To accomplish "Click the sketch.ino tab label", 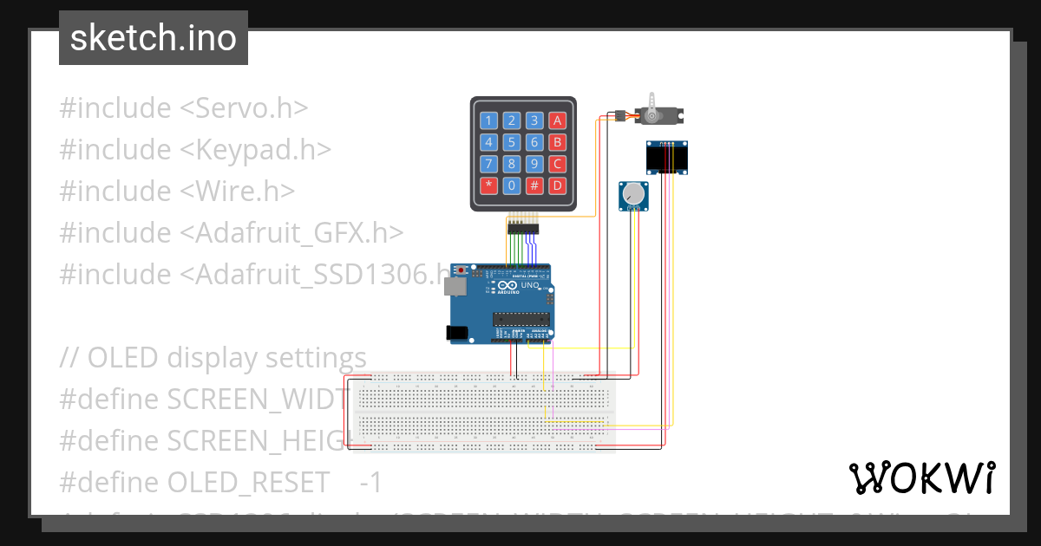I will click(154, 38).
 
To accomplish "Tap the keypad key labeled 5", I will click(513, 142).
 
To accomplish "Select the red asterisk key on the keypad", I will click(489, 185).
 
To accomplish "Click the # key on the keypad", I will click(535, 185).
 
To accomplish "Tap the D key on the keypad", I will click(558, 185).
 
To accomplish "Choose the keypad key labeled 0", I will click(513, 185).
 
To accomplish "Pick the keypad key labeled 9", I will click(535, 163).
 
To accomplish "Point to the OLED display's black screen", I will click(666, 159).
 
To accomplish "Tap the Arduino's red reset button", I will click(462, 270).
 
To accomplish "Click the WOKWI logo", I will click(921, 478).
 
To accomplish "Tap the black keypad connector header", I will click(522, 229).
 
